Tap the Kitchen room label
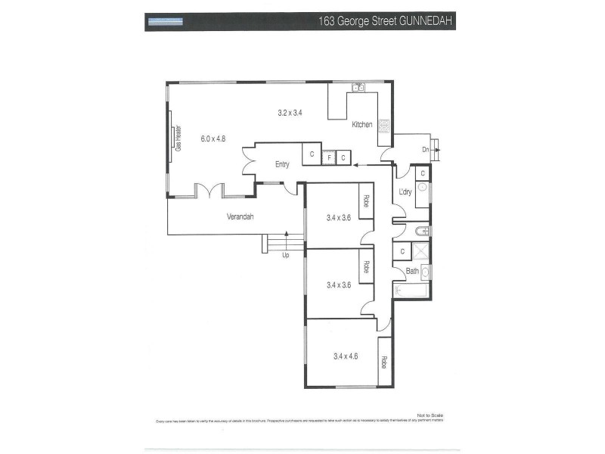click(361, 124)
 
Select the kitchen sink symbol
click(358, 88)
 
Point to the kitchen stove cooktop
click(384, 126)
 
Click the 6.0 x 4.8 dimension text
click(213, 138)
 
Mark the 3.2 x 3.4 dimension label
click(290, 113)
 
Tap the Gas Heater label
click(179, 138)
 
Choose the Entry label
click(282, 164)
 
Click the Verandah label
click(240, 217)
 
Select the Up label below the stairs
click(285, 256)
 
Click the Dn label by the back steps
click(426, 150)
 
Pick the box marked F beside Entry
click(330, 157)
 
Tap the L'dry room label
click(405, 192)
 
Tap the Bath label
click(412, 271)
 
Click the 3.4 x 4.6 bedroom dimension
click(345, 355)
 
